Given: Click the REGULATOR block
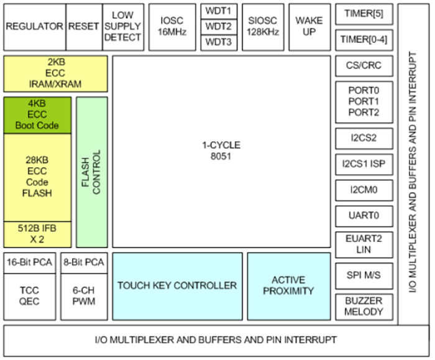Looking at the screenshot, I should pyautogui.click(x=34, y=27).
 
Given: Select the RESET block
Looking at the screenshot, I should pyautogui.click(x=83, y=27).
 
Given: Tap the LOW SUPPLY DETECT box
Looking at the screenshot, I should pyautogui.click(x=123, y=27).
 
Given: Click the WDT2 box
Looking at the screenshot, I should pyautogui.click(x=218, y=27).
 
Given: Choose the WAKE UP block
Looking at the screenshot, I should pyautogui.click(x=309, y=27).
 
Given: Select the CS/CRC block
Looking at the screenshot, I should pyautogui.click(x=364, y=65).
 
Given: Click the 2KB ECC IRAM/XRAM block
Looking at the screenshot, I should pyautogui.click(x=56, y=73).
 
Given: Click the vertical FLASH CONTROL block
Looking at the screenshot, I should pyautogui.click(x=92, y=172).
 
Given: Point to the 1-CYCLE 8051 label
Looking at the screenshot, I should pyautogui.click(x=222, y=150).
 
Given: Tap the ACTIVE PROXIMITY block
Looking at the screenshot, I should pyautogui.click(x=288, y=285).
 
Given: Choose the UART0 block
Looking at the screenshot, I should pyautogui.click(x=364, y=216).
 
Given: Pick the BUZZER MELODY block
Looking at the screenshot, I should pyautogui.click(x=364, y=306).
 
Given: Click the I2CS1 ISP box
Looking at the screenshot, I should pyautogui.click(x=364, y=164).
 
